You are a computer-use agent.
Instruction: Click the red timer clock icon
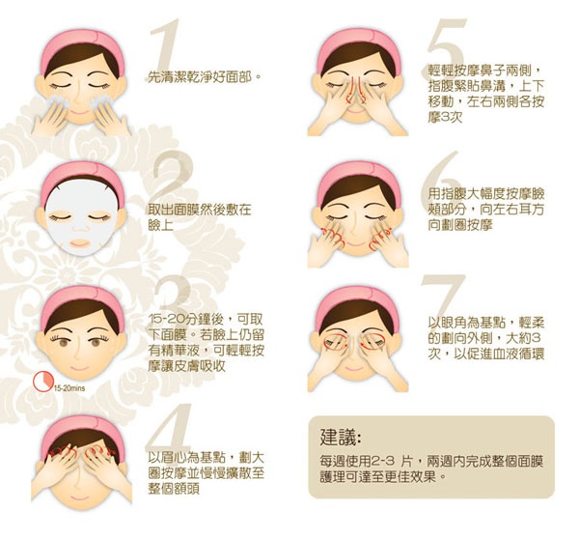[x=42, y=382]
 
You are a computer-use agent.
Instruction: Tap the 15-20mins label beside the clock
[x=69, y=388]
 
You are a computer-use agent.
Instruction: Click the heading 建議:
[x=341, y=438]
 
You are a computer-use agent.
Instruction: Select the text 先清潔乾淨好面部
[x=200, y=77]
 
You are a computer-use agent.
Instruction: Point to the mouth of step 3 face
[x=78, y=368]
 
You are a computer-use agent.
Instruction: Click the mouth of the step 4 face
[x=78, y=497]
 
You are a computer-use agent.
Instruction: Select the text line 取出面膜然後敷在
[x=200, y=210]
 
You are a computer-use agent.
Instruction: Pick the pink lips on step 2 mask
[x=80, y=242]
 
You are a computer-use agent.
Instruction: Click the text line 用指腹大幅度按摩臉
[x=486, y=193]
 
